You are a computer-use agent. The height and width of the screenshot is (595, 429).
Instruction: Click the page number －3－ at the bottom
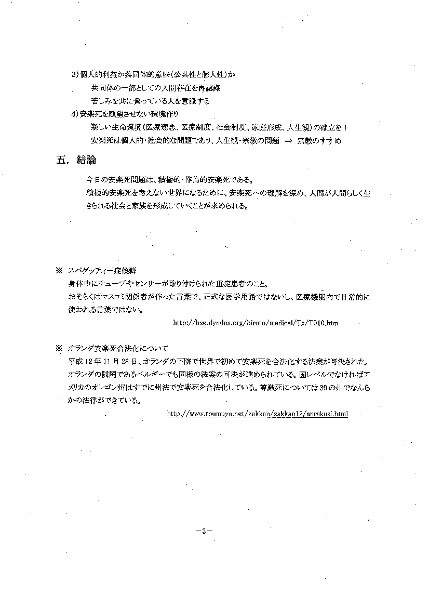[205, 531]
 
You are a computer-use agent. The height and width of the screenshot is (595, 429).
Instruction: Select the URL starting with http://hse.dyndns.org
[256, 323]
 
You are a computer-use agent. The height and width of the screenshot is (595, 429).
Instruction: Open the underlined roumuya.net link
[257, 414]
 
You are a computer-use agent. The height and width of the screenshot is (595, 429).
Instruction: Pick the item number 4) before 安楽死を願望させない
[75, 114]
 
